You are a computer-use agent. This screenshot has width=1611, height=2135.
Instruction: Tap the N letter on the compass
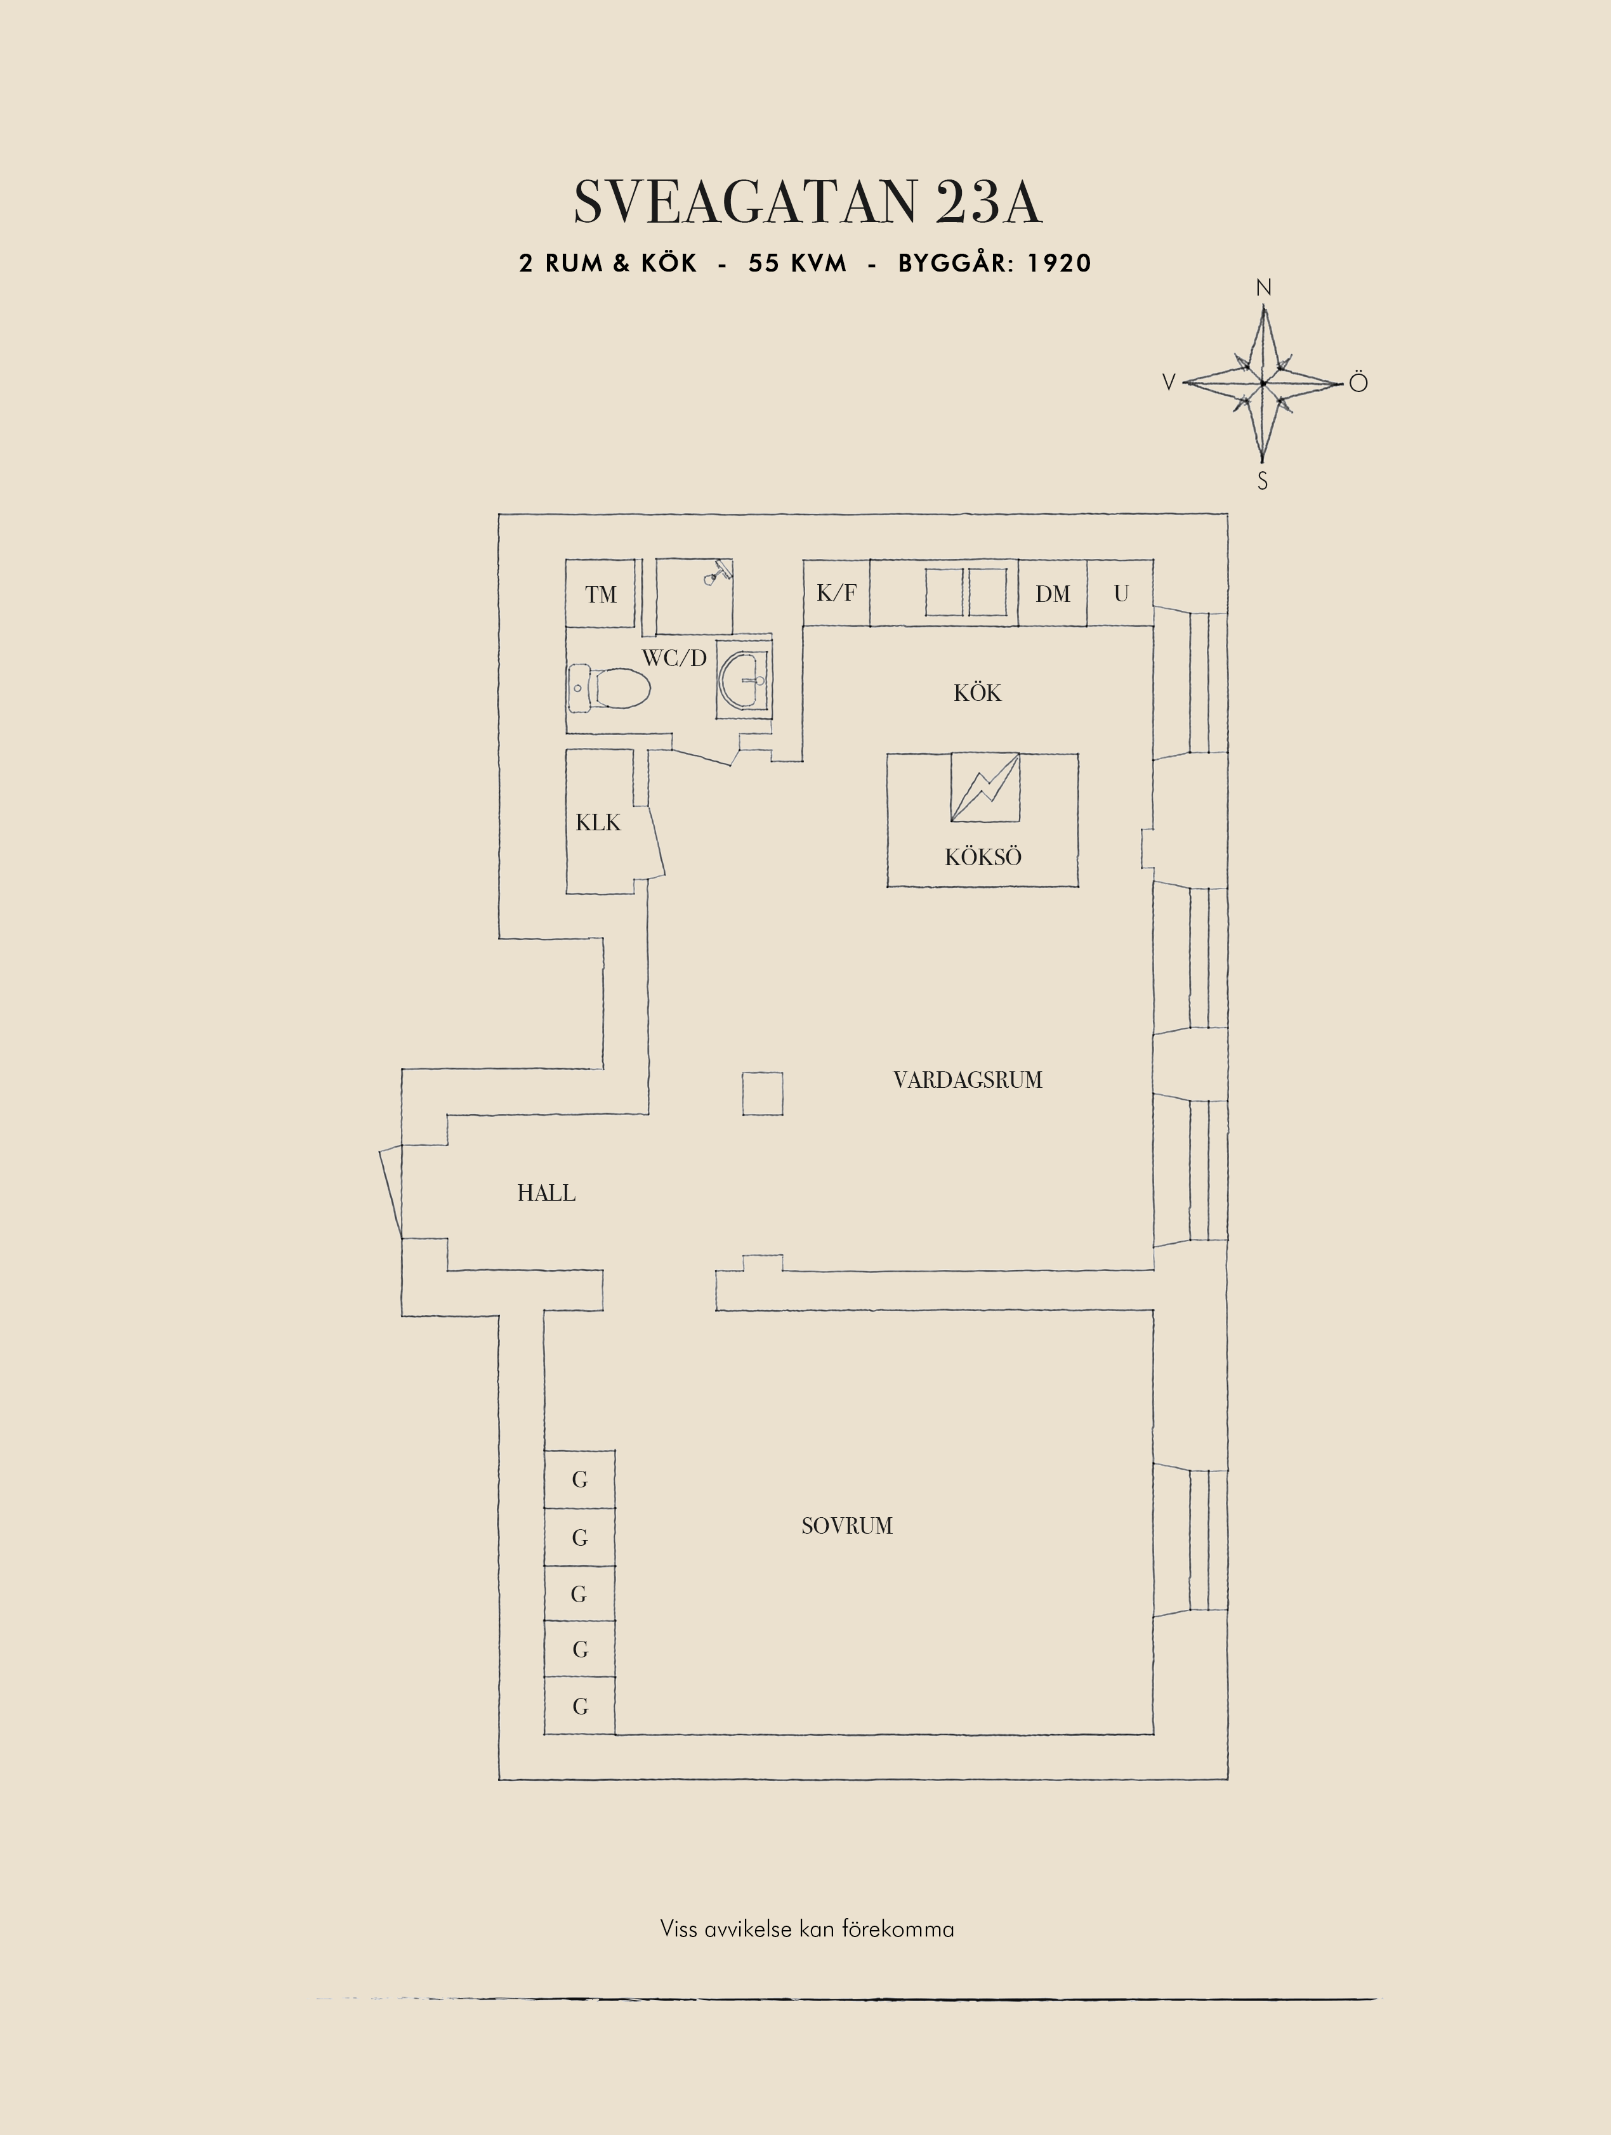tap(1263, 287)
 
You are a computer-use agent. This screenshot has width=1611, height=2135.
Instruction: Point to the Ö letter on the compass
tap(1358, 382)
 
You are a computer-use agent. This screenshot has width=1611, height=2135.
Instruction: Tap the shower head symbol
tap(715, 571)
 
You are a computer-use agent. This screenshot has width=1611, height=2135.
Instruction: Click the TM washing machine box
tap(600, 594)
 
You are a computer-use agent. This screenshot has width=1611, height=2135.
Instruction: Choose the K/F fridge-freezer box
tap(836, 592)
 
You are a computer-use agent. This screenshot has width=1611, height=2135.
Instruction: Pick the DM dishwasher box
tap(1052, 592)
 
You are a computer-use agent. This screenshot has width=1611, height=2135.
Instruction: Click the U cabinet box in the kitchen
tap(1121, 592)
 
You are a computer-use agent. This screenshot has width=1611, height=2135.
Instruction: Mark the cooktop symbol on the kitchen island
tap(985, 788)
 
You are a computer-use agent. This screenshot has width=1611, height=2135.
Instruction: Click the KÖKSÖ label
tap(983, 856)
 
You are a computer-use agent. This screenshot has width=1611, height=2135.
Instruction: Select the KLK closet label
tap(598, 822)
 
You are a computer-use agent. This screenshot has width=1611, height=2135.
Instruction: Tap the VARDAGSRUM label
tap(967, 1080)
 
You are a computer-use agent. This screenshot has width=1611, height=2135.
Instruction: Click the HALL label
tap(546, 1193)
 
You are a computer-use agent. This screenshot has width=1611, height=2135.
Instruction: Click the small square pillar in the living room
tap(763, 1094)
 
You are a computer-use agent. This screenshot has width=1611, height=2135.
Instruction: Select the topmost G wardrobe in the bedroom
tap(579, 1479)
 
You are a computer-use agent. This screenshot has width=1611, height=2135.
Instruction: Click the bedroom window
tap(1191, 1539)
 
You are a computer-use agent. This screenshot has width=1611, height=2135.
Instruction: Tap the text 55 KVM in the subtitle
tap(798, 263)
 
